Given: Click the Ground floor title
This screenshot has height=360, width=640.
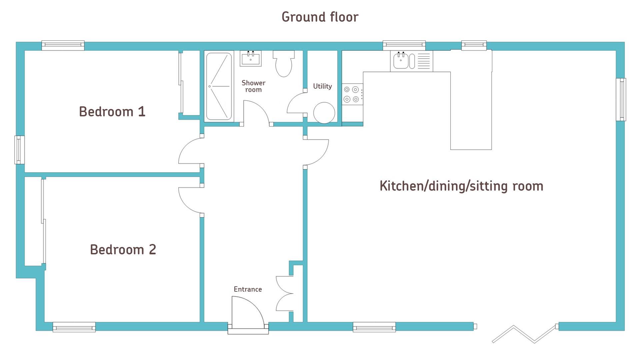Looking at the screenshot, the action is click(320, 17).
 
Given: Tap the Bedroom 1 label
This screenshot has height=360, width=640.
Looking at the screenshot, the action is click(112, 112).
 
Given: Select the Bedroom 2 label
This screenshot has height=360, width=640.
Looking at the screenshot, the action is click(123, 250).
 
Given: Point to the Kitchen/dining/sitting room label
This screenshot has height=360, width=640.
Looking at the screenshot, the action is click(461, 186).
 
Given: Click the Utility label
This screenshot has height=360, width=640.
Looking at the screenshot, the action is click(322, 86).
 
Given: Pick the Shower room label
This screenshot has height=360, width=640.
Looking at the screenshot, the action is click(253, 86).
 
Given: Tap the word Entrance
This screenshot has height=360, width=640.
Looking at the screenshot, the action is click(248, 289).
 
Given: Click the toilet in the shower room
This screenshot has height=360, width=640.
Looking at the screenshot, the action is click(284, 63).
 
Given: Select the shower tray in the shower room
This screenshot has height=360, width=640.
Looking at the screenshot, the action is click(219, 87).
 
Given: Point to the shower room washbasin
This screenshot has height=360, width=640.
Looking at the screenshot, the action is click(251, 58).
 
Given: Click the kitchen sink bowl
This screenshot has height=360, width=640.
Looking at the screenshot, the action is click(401, 61).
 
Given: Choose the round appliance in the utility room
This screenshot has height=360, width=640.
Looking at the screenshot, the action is click(324, 113).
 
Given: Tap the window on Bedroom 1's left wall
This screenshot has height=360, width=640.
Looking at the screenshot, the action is click(19, 150).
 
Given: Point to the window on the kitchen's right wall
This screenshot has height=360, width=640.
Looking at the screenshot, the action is click(621, 99).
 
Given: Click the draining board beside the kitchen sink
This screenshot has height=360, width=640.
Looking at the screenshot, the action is click(424, 61).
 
